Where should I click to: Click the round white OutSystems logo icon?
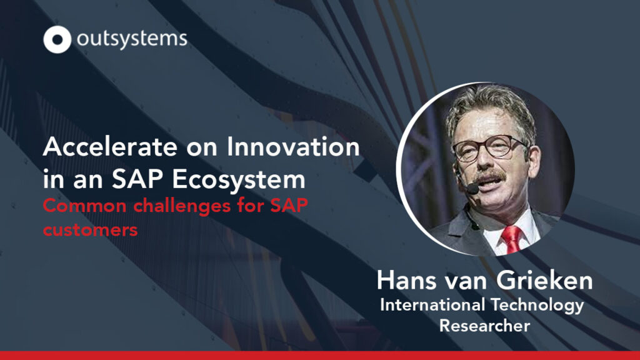(57, 39)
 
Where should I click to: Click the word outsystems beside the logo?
(132, 39)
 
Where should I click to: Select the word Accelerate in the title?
(110, 147)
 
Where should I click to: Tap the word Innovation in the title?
(293, 146)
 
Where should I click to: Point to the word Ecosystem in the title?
(239, 179)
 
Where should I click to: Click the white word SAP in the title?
(138, 179)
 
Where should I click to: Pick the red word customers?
(90, 230)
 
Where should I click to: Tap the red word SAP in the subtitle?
(289, 205)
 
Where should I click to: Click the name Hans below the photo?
(406, 281)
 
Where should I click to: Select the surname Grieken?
(544, 281)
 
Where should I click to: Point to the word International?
(432, 305)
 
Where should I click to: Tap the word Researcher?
(484, 326)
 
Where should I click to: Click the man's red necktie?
(511, 239)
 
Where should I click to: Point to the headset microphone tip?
(472, 189)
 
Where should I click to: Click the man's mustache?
(490, 177)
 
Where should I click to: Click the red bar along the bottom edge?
(320, 356)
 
